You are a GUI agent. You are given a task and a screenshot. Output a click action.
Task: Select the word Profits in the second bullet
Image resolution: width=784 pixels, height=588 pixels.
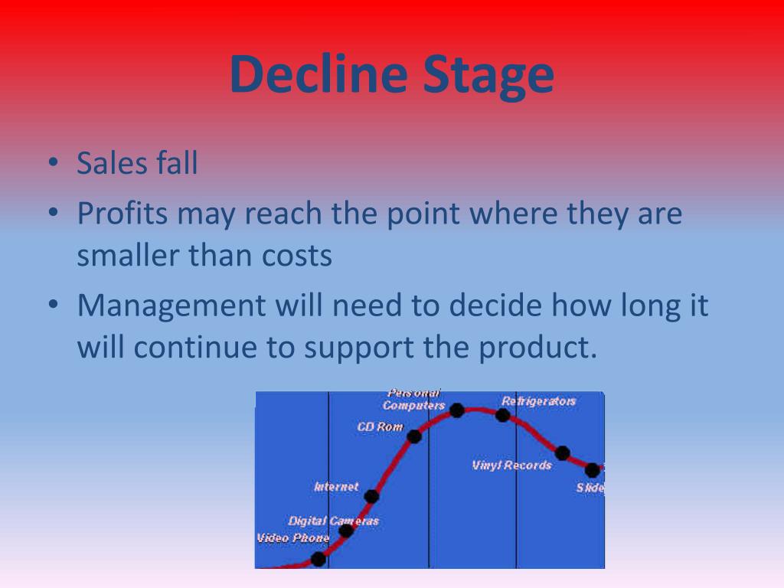pyautogui.click(x=122, y=214)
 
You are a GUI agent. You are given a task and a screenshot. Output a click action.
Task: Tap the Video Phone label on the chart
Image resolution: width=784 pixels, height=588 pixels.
pyautogui.click(x=292, y=538)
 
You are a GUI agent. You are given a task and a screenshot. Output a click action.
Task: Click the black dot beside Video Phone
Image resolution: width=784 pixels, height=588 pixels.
pyautogui.click(x=318, y=559)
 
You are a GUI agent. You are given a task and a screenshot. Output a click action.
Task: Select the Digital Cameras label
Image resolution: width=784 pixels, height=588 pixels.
pyautogui.click(x=333, y=521)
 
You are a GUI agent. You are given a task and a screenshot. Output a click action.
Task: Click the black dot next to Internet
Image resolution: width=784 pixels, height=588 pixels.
pyautogui.click(x=372, y=496)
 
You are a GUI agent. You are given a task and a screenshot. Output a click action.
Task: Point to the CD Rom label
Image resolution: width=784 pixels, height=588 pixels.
pyautogui.click(x=380, y=426)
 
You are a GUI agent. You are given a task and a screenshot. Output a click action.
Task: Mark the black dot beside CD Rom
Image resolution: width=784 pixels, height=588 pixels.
pyautogui.click(x=414, y=436)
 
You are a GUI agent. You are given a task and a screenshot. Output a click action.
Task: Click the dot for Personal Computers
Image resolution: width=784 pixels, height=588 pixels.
pyautogui.click(x=457, y=410)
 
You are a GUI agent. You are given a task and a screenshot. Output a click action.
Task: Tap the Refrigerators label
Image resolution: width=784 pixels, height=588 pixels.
pyautogui.click(x=538, y=400)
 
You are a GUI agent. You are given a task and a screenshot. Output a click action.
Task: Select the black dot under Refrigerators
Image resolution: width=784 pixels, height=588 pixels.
pyautogui.click(x=502, y=415)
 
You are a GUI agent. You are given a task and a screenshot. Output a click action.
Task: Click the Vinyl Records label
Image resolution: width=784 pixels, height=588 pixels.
pyautogui.click(x=511, y=465)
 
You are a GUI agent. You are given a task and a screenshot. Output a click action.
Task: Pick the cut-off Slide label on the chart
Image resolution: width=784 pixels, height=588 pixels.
pyautogui.click(x=590, y=488)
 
